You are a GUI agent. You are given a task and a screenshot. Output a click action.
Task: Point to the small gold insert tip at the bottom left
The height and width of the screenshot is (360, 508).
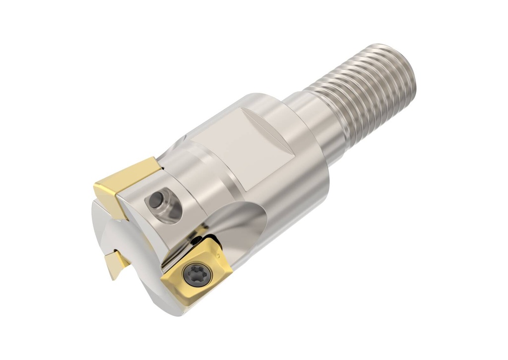point(117,263)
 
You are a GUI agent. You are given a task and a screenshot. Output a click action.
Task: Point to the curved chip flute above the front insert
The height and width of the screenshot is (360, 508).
point(233,218)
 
